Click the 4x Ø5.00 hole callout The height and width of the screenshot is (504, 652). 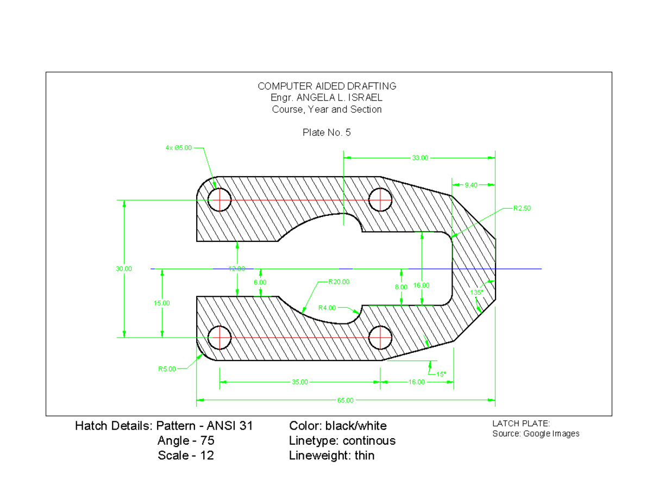(178, 147)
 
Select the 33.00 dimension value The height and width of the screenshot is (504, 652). (419, 158)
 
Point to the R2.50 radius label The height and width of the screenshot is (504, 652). (522, 208)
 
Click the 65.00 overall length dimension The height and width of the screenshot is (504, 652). (345, 400)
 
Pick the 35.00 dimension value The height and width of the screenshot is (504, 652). (299, 382)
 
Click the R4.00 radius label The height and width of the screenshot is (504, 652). (327, 307)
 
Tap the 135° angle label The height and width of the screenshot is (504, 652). (477, 292)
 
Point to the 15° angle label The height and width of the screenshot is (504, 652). (441, 374)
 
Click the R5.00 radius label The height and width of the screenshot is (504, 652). (167, 369)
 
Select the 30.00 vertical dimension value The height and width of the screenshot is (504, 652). (123, 269)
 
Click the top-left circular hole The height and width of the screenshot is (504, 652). (220, 200)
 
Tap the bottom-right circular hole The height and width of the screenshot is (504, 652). (380, 338)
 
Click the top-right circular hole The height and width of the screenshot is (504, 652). (380, 200)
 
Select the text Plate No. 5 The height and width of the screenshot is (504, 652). (327, 132)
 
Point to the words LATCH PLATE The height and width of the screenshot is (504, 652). (521, 424)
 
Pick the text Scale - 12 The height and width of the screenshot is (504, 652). (186, 456)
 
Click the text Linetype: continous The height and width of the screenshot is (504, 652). (342, 440)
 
